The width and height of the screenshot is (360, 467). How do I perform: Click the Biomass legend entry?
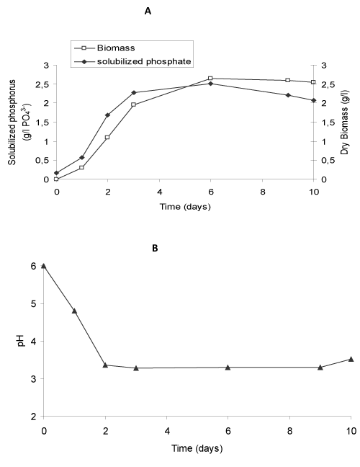pos(104,48)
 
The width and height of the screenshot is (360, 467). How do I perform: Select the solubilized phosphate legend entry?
pos(132,62)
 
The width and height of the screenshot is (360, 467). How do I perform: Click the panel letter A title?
pos(148,12)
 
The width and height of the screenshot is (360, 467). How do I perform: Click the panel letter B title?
pos(155,249)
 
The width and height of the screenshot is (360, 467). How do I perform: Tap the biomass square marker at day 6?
pos(210,79)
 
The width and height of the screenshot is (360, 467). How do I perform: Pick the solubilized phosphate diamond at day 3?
pos(134,93)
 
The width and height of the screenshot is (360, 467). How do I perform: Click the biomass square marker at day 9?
pos(287,80)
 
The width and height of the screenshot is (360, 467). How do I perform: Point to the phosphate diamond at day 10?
pos(313,100)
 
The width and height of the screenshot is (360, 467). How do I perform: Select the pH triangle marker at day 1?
pos(74,311)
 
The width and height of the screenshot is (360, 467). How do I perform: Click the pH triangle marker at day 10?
pos(351,359)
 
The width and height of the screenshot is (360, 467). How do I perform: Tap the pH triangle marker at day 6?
pos(228,368)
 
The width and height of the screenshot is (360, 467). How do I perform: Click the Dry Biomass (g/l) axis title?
pos(345,123)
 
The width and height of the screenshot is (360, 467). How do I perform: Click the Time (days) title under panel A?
pos(185,206)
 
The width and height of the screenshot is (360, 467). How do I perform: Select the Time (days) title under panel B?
pos(197,448)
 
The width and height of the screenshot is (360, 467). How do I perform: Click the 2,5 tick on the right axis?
pos(326,84)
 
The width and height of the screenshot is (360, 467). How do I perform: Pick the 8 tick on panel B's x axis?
pos(289,431)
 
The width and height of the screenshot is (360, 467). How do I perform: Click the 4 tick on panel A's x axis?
pos(160,192)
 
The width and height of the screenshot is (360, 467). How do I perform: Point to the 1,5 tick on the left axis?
pos(46,123)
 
